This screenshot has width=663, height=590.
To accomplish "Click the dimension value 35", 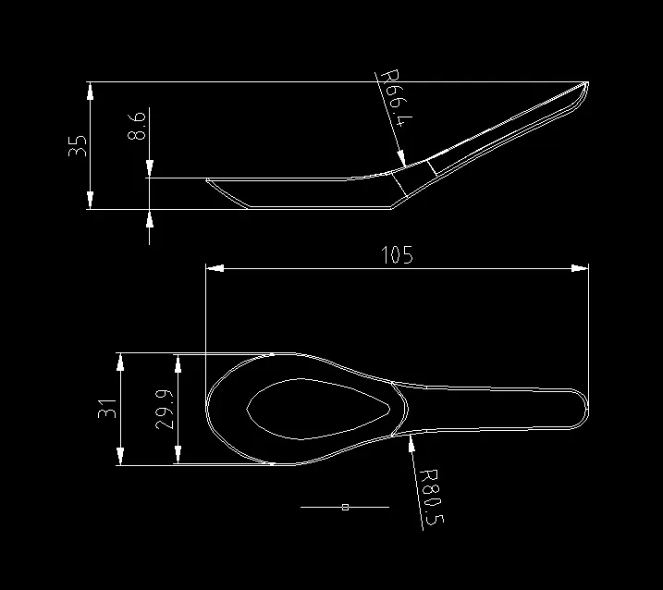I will coord(78,145).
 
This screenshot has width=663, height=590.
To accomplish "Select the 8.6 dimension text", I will coord(137,126).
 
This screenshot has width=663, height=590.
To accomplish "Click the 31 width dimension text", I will coord(107,408).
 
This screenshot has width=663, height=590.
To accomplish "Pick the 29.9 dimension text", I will coord(164,408).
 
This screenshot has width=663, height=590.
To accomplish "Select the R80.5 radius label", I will coord(430,496).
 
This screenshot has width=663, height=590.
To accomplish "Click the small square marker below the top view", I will coord(344,507).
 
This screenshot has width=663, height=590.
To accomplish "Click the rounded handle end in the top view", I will coord(581,409).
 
